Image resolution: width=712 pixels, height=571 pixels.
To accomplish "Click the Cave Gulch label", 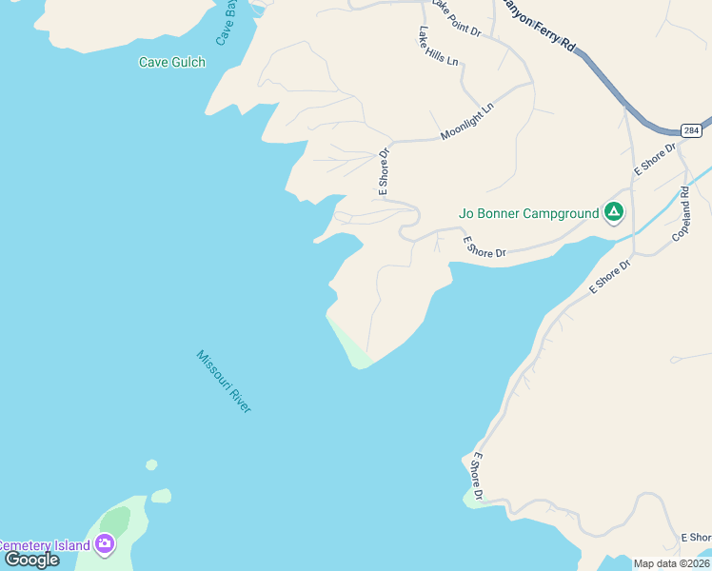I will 171,63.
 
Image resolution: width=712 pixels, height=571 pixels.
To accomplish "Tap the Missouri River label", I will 224,382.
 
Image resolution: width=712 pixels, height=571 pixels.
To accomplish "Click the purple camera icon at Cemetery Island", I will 105,544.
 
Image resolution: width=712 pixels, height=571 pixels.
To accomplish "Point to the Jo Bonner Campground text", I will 528,213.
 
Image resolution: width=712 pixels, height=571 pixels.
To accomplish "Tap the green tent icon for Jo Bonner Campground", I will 614,212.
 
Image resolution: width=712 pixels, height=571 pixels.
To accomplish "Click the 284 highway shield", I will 691,129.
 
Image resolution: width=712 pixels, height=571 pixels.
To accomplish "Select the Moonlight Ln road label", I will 467,123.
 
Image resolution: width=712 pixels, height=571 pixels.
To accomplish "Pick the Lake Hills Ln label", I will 437,46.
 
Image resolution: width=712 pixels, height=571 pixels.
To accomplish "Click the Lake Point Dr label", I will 457,19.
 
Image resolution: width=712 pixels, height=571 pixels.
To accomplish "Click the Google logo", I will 31,560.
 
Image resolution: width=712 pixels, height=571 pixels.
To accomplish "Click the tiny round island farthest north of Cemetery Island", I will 151,464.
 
